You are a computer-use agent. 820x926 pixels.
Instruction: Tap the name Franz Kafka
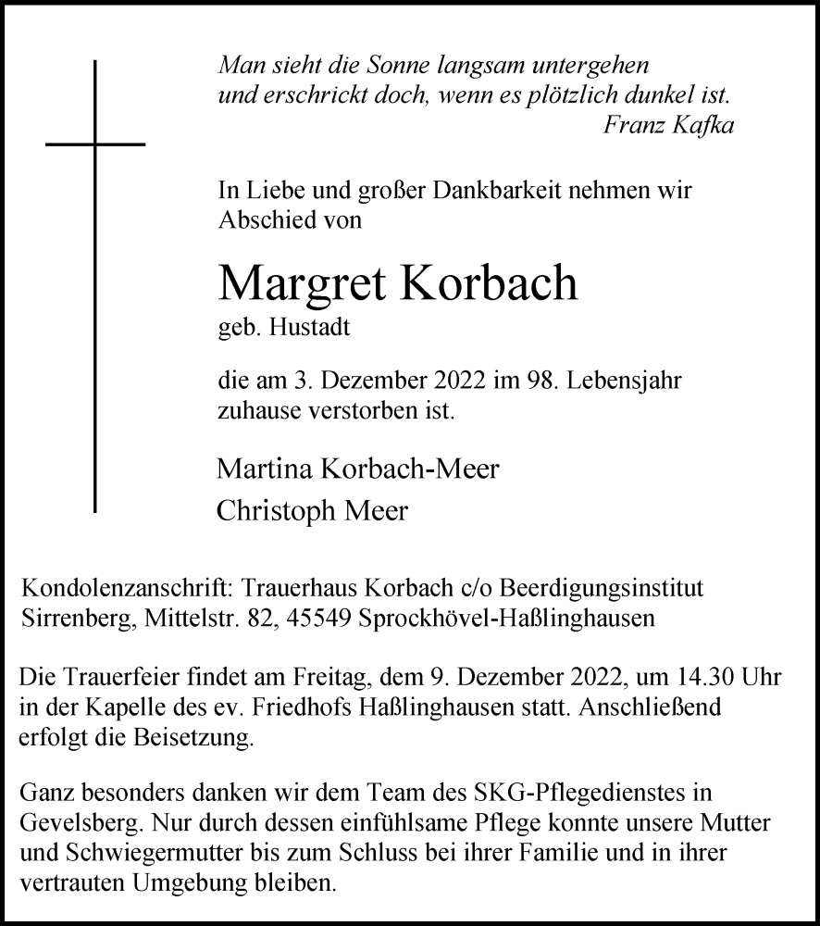pos(668,126)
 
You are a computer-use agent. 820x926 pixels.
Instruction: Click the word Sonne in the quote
pos(360,67)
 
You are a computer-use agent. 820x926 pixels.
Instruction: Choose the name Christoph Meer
pos(311,511)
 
